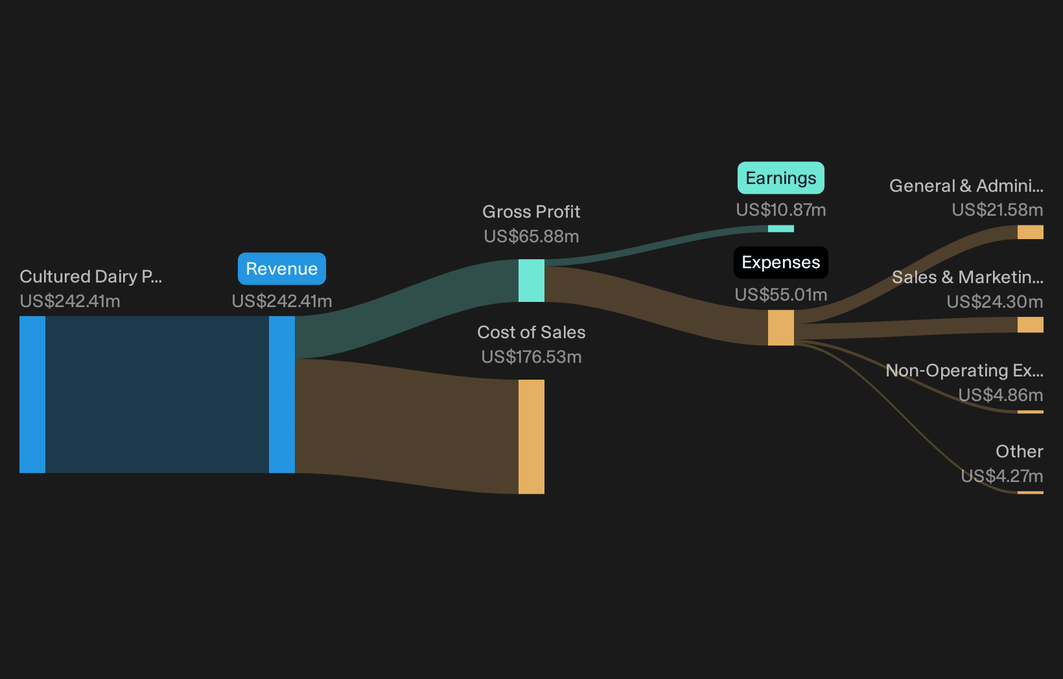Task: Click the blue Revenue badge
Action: coord(282,269)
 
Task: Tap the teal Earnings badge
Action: coord(780,178)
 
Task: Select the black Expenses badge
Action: coord(780,262)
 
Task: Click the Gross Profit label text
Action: coord(531,212)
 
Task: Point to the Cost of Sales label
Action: coord(531,332)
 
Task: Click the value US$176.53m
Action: coord(531,357)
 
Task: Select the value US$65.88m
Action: coord(531,236)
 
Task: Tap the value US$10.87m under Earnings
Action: coord(780,210)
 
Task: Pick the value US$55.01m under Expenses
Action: coord(780,295)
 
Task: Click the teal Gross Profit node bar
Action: coord(531,281)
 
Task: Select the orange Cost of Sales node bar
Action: coord(531,437)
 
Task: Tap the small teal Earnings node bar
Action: coord(780,229)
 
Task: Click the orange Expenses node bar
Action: coord(780,328)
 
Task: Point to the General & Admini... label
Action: coord(966,185)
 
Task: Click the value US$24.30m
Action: coord(995,301)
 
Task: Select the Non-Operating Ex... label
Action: coord(964,371)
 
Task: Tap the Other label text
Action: coord(1020,451)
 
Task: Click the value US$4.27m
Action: coord(1002,476)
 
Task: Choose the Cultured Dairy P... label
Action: coord(91,277)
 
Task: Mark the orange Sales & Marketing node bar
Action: coord(1030,325)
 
